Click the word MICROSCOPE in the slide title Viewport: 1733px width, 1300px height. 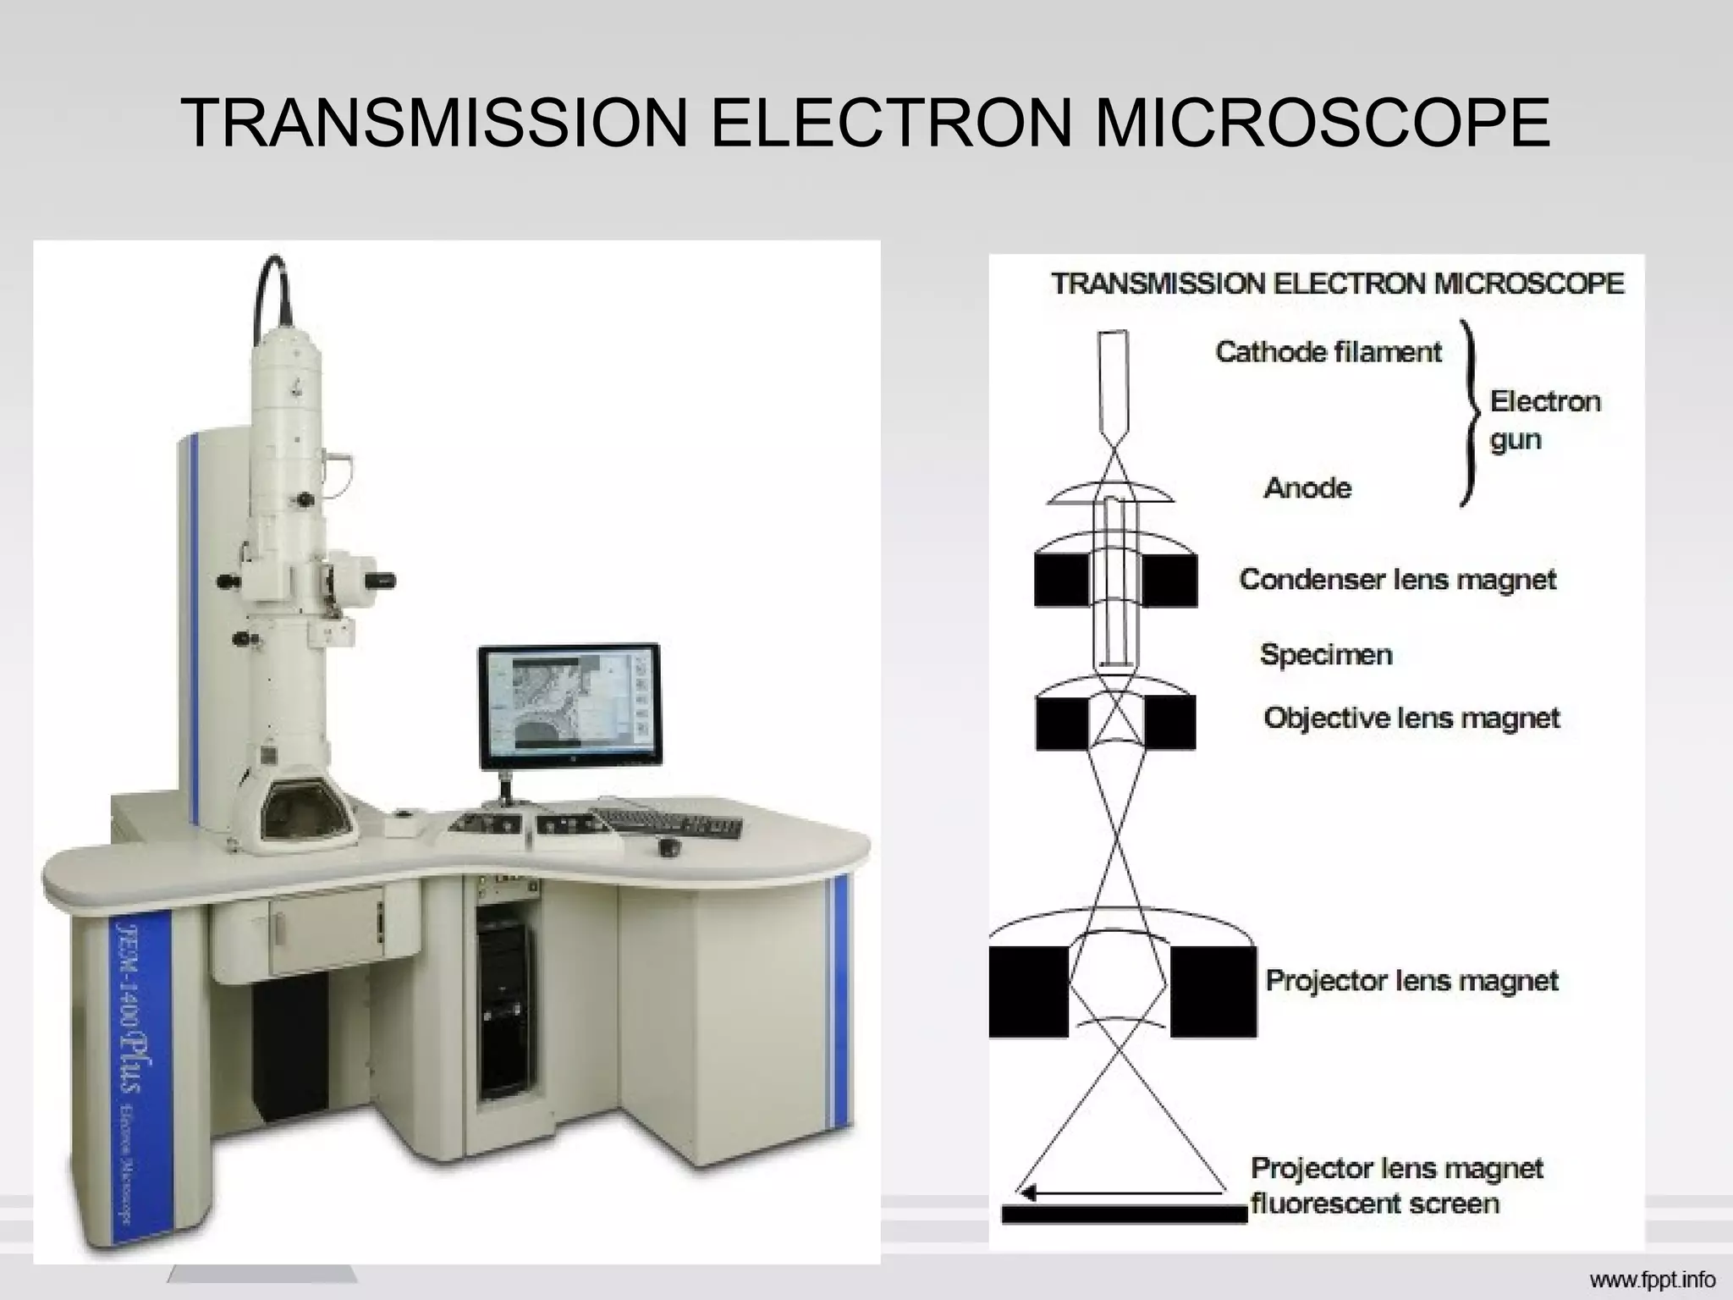pos(1322,124)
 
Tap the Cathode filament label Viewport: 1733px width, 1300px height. pos(1329,351)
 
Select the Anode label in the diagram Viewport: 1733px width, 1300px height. pos(1307,487)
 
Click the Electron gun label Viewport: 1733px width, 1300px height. pos(1544,420)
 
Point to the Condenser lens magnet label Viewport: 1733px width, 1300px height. pos(1397,580)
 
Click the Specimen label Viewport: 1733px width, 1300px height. pos(1325,654)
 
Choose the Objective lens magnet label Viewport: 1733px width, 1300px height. pos(1411,718)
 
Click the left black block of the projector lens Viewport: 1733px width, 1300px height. pos(1028,991)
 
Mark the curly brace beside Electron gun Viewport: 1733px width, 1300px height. pos(1471,413)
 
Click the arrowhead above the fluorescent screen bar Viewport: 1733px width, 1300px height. pos(1027,1193)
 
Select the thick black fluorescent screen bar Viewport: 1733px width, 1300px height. pos(1124,1215)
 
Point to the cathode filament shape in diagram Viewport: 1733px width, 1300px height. pos(1114,381)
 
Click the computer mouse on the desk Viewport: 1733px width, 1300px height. pos(671,847)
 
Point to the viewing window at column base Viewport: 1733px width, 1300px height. pos(305,812)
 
